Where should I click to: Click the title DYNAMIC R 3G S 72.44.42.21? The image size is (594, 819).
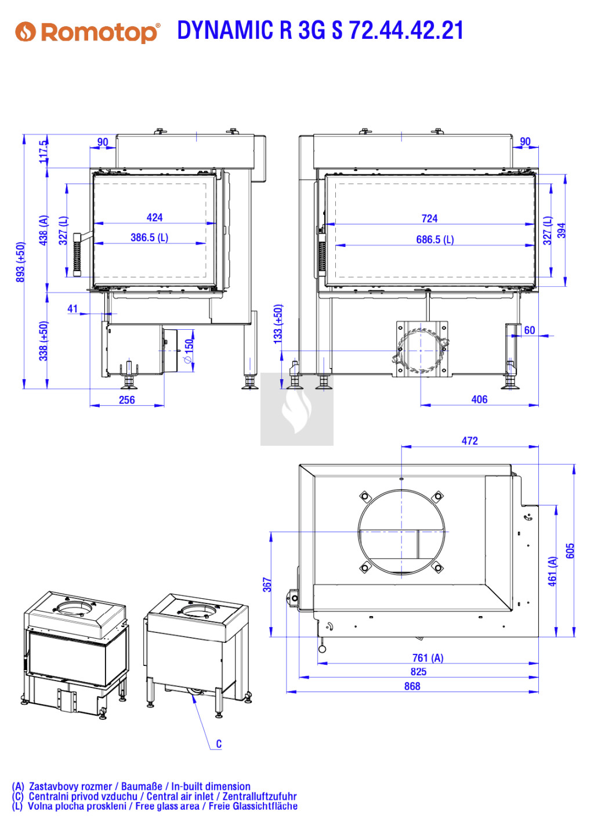click(x=320, y=30)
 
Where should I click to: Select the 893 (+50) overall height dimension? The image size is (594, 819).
click(x=20, y=262)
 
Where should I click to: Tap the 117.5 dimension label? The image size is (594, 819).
click(x=44, y=151)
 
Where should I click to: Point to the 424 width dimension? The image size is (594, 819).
click(x=154, y=217)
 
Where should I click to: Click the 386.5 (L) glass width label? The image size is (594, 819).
click(x=149, y=238)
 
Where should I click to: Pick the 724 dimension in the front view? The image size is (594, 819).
click(x=429, y=219)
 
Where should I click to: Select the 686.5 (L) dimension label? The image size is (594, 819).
click(x=435, y=239)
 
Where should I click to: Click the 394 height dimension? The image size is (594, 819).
click(x=562, y=230)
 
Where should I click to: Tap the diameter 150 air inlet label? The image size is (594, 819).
click(x=189, y=351)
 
